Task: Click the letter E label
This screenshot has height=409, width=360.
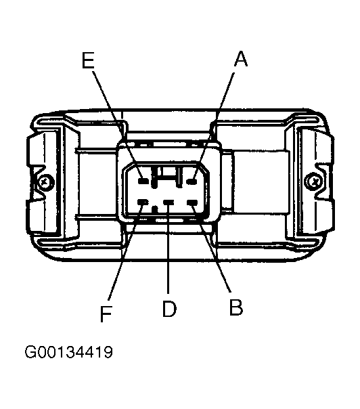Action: click(88, 60)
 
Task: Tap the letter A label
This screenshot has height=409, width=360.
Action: click(241, 59)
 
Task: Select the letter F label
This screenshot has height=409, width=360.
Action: click(106, 314)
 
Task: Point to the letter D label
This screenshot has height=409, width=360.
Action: click(169, 309)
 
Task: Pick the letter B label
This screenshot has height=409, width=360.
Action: click(236, 307)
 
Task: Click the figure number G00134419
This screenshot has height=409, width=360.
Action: click(69, 352)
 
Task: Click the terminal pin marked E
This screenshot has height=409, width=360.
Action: click(143, 181)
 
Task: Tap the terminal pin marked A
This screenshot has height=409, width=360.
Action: click(192, 181)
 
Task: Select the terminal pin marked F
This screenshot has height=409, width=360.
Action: click(143, 202)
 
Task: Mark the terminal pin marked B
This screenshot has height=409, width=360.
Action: click(192, 202)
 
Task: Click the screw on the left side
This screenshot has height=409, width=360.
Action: click(46, 181)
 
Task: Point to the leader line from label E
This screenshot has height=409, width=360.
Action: click(117, 125)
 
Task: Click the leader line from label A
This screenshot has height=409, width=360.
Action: click(214, 125)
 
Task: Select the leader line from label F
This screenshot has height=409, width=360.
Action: click(125, 252)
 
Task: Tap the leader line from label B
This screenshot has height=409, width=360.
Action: click(211, 247)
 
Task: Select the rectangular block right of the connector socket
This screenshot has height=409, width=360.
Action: click(261, 180)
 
